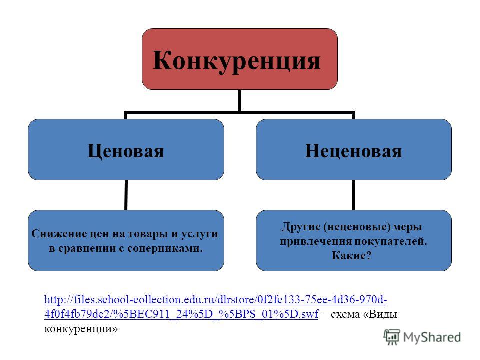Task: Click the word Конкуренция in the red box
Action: coord(236,60)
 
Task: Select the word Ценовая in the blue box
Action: coord(126,151)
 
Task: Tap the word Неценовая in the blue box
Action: coord(353,151)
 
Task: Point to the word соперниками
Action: coord(165,248)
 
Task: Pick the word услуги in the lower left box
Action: coord(199,234)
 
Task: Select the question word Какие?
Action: coord(351,255)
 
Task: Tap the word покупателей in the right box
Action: coord(390,241)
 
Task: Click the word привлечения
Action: coord(315,241)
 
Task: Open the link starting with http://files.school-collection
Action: coord(216,299)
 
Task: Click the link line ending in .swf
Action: coord(181,314)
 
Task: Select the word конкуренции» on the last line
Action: coord(81,329)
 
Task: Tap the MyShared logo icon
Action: coord(392,337)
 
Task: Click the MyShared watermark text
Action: coord(432,337)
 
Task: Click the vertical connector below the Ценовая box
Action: coord(126,195)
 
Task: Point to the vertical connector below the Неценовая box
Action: coord(354,195)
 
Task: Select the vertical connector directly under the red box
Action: coord(240,101)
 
